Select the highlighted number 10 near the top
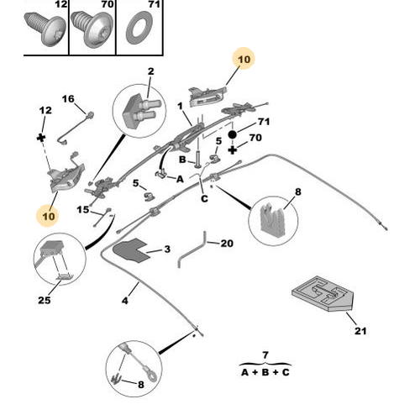244,60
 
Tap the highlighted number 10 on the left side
49,216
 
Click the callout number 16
68,99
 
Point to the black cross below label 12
41,138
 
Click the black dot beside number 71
232,135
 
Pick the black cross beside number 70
232,150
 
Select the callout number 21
360,331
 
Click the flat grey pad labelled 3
131,250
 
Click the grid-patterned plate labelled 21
323,293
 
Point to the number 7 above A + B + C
265,355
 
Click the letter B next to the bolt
182,160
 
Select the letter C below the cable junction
204,199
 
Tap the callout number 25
45,300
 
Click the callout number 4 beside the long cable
125,301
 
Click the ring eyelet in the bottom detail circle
151,375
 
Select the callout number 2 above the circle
150,71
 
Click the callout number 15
83,210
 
